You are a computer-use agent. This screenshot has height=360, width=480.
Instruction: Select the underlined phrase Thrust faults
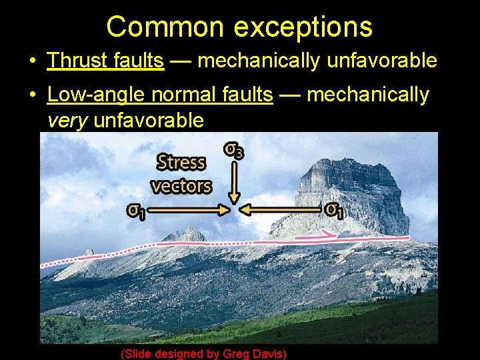pyautogui.click(x=105, y=61)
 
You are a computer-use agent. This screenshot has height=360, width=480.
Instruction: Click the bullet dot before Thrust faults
pyautogui.click(x=32, y=61)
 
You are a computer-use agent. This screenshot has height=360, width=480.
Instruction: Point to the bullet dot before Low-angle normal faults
pyautogui.click(x=32, y=95)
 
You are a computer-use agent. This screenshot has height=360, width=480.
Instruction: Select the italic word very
pyautogui.click(x=67, y=120)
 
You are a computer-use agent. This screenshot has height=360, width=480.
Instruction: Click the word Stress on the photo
pyautogui.click(x=181, y=162)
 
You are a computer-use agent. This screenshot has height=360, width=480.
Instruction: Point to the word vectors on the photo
pyautogui.click(x=181, y=185)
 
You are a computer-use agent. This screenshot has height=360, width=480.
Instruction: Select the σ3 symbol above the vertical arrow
pyautogui.click(x=233, y=151)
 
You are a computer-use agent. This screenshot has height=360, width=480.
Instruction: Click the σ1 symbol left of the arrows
pyautogui.click(x=137, y=211)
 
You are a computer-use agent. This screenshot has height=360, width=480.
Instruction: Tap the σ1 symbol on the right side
pyautogui.click(x=333, y=210)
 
